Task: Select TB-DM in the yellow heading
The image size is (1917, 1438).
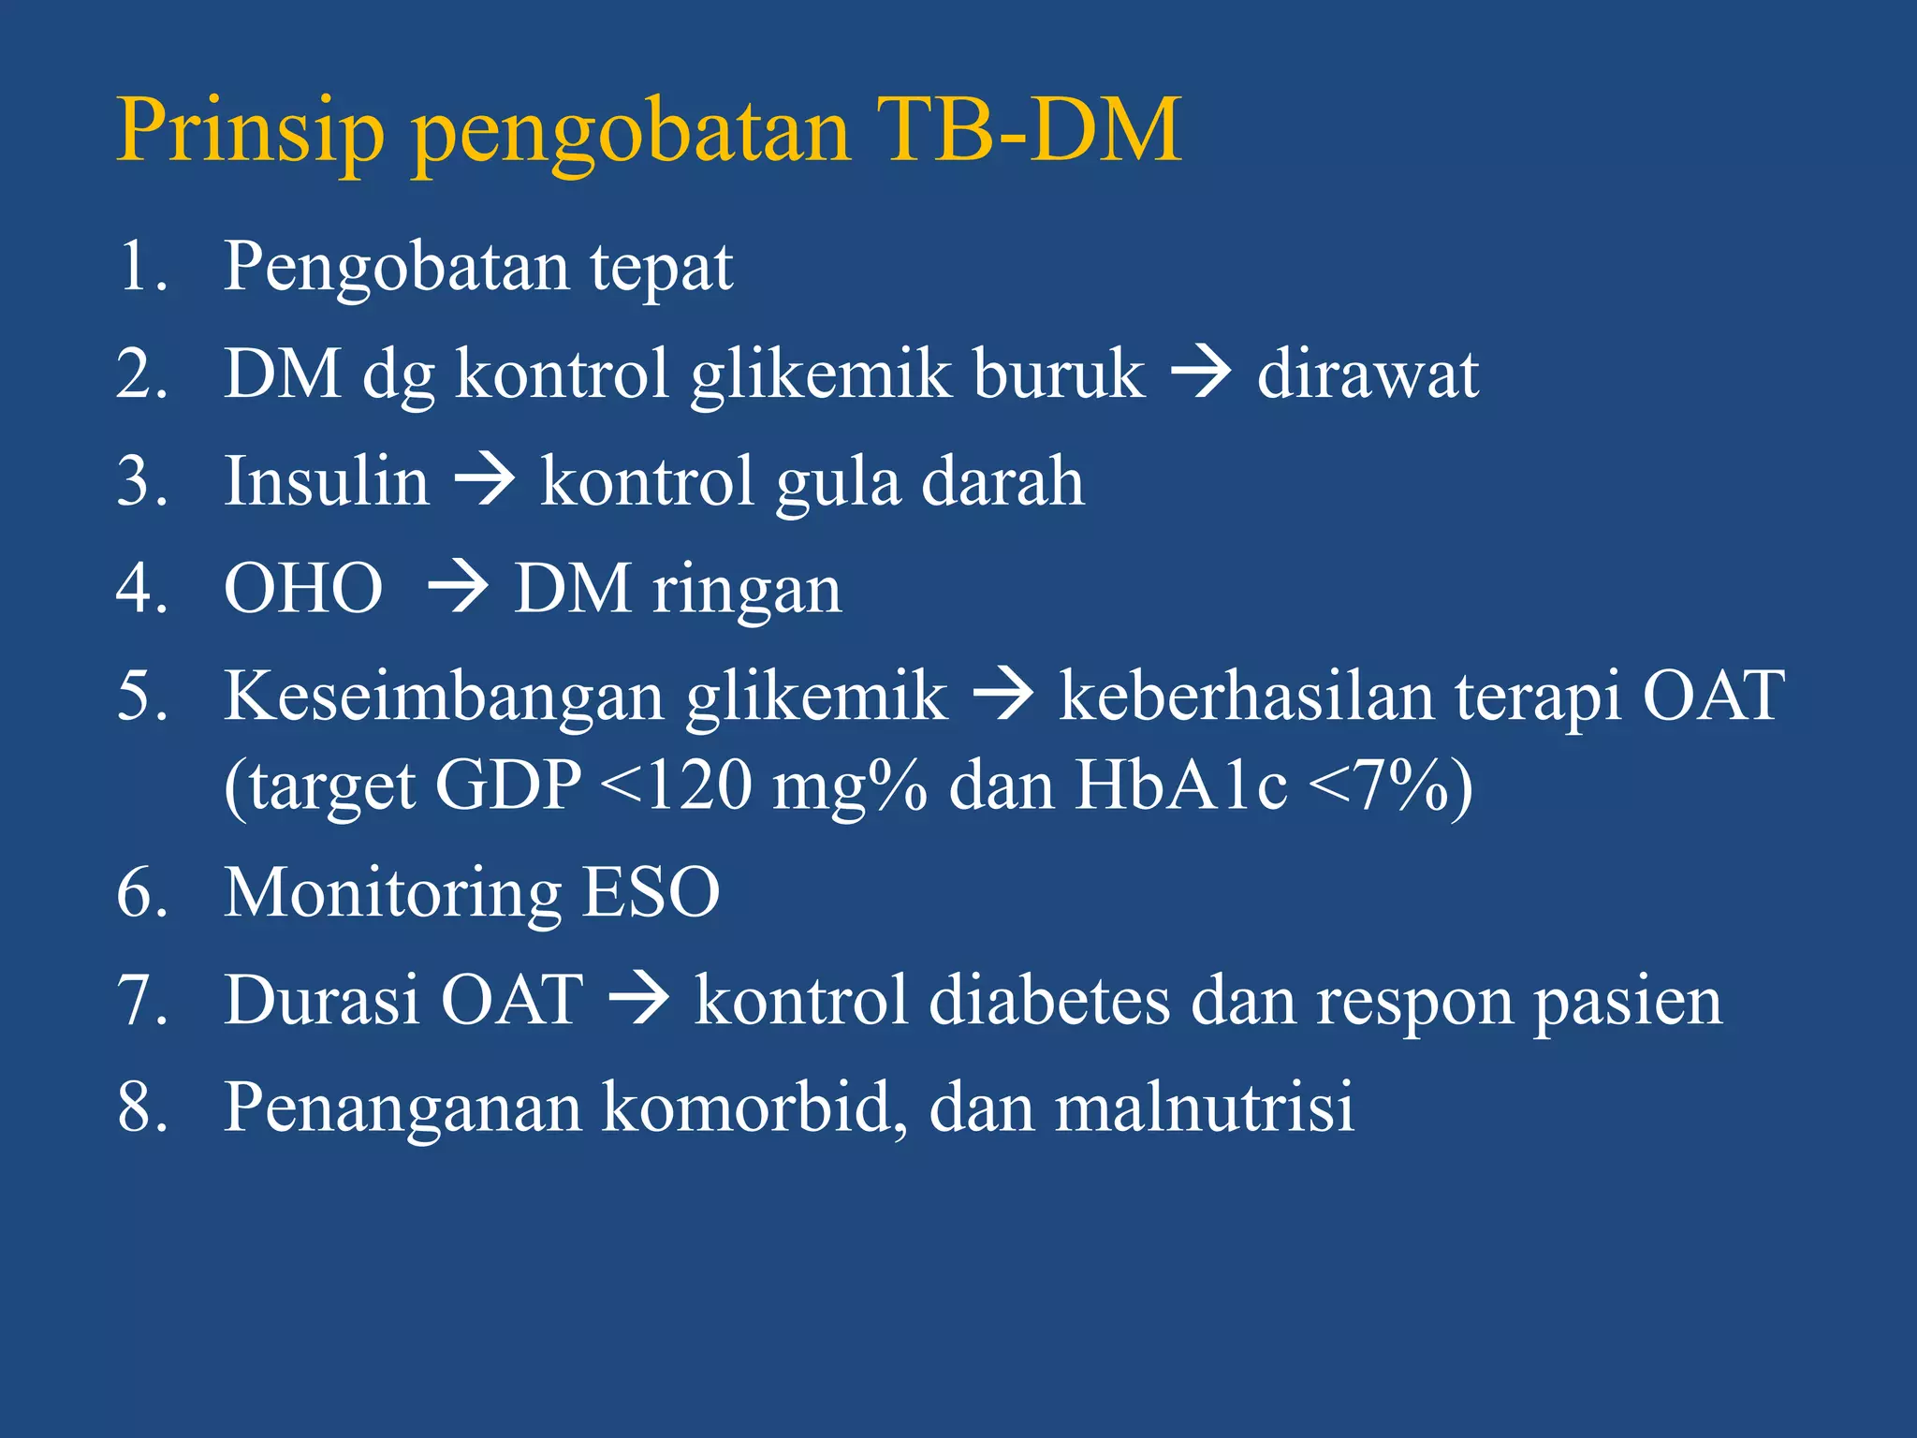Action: click(1029, 131)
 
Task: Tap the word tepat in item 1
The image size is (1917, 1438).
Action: click(661, 269)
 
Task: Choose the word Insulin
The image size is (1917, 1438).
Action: click(326, 482)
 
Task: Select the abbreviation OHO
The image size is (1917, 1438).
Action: click(303, 590)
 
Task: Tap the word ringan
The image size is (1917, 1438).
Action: click(747, 592)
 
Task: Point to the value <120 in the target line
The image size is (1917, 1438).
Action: click(675, 785)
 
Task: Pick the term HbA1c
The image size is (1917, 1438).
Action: click(1179, 785)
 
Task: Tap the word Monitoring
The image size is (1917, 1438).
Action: click(392, 895)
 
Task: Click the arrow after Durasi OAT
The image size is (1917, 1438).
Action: click(638, 1000)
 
